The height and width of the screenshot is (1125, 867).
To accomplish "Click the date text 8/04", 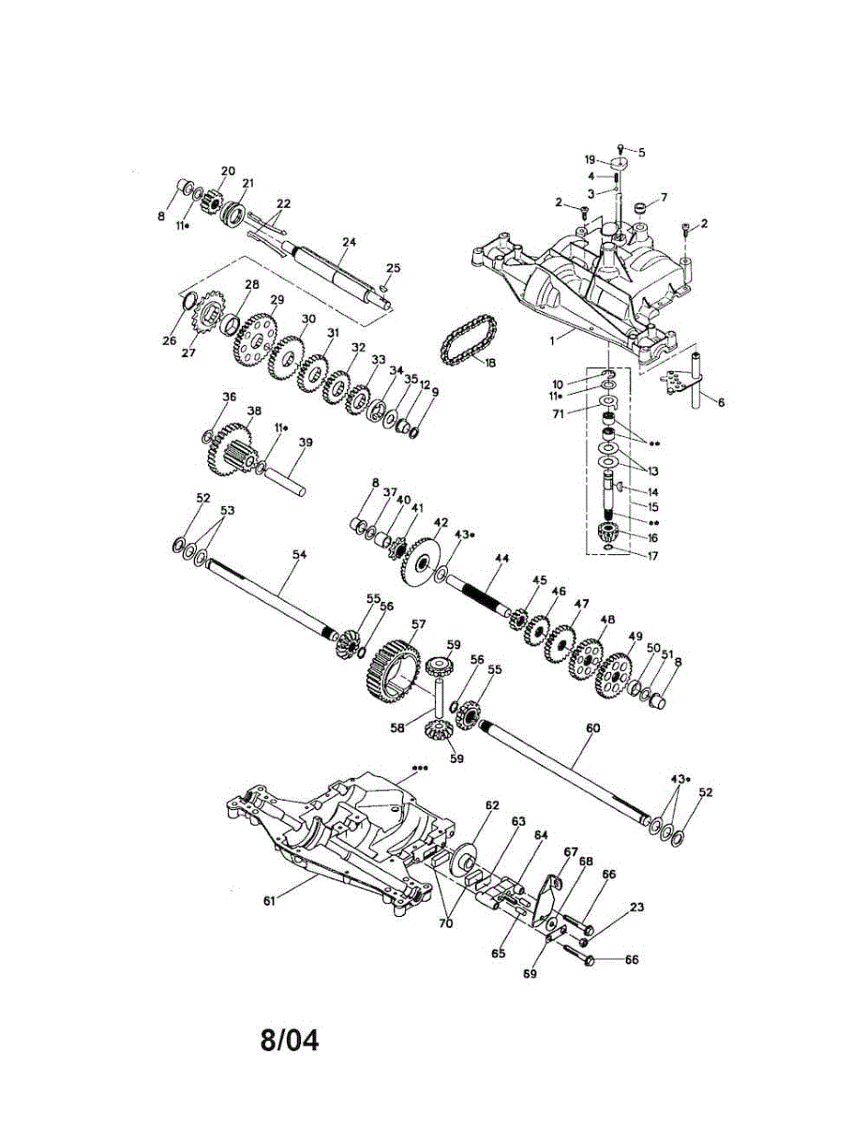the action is coord(290,1040).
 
